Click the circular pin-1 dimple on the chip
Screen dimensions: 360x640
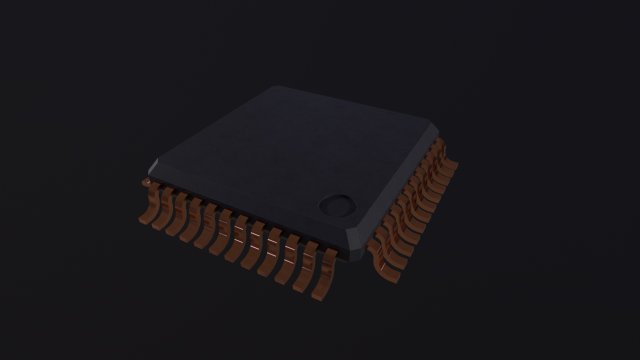point(337,205)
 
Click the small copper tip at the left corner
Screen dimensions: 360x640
point(146,184)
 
